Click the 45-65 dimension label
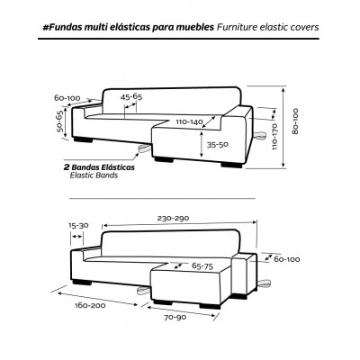coord(131,97)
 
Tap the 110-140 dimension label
coord(190,122)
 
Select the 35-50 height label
coord(217,145)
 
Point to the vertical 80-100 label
coord(295,121)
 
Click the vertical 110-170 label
coord(275,137)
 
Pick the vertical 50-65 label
coord(59,121)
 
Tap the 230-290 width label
coord(173,219)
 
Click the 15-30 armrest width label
coord(78,226)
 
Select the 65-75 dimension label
coord(202,266)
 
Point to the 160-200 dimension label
coord(90,306)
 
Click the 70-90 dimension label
coord(175,318)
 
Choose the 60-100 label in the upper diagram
coord(67,98)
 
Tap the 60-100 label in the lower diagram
coord(287,259)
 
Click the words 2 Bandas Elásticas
coord(99,167)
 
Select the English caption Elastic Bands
coord(94,175)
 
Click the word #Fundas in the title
coord(61,27)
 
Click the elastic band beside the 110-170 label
coord(260,136)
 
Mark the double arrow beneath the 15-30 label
coord(76,237)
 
